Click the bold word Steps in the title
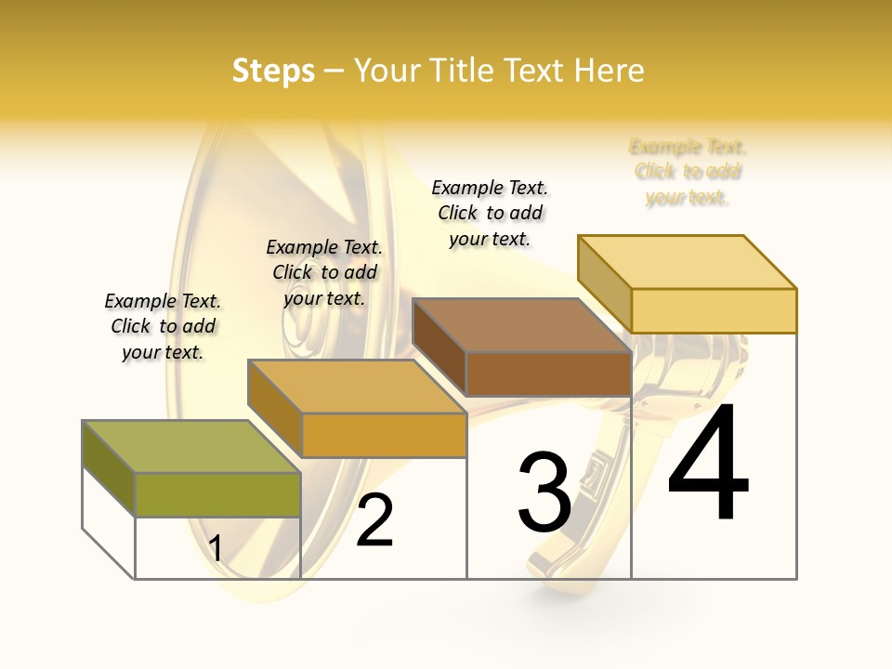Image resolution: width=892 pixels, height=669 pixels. pyautogui.click(x=273, y=71)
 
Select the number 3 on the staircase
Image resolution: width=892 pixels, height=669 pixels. pyautogui.click(x=544, y=492)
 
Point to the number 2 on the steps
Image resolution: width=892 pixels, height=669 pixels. pyautogui.click(x=374, y=520)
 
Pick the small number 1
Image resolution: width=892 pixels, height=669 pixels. pyautogui.click(x=216, y=548)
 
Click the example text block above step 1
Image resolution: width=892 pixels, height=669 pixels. pyautogui.click(x=163, y=326)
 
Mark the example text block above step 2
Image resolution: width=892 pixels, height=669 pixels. pyautogui.click(x=324, y=272)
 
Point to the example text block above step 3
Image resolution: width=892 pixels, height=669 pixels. pyautogui.click(x=490, y=213)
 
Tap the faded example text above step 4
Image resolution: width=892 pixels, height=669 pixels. pyautogui.click(x=688, y=172)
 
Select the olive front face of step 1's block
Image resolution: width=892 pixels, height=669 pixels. pyautogui.click(x=217, y=494)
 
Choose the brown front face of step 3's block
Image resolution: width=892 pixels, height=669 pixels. pyautogui.click(x=548, y=374)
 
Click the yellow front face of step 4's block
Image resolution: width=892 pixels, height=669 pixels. pyautogui.click(x=714, y=310)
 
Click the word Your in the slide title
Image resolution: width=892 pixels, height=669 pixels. pyautogui.click(x=387, y=71)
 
